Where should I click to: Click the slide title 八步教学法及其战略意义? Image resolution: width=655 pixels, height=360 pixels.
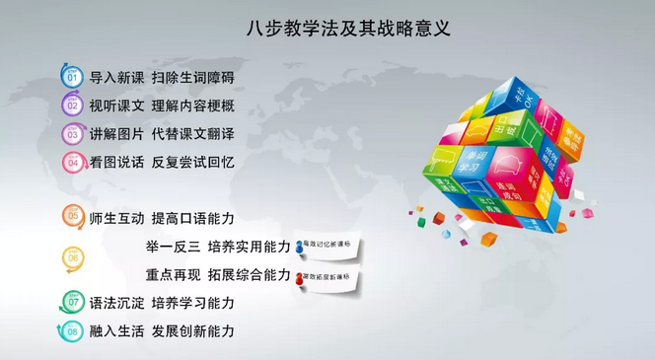[x=348, y=29]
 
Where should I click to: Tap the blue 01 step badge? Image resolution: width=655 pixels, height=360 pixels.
[x=72, y=77]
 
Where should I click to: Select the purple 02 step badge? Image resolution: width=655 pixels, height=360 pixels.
[x=72, y=105]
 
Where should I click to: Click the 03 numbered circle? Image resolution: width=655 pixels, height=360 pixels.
[x=72, y=133]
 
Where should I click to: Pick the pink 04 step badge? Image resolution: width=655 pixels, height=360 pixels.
[x=72, y=162]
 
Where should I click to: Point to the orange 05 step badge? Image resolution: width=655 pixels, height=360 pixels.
[x=72, y=215]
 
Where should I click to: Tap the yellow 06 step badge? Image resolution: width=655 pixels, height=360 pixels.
[x=72, y=257]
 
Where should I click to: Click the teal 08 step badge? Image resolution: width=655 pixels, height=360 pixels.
[x=72, y=331]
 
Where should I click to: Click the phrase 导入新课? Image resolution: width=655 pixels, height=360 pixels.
[x=116, y=77]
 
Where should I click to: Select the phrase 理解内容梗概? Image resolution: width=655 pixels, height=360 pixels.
[x=192, y=106]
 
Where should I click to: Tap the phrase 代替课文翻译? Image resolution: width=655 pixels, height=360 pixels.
[x=192, y=133]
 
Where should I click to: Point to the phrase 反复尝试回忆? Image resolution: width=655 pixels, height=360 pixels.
[x=192, y=162]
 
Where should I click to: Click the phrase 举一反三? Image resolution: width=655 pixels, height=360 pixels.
[x=173, y=246]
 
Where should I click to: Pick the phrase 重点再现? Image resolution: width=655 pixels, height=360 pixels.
[x=173, y=274]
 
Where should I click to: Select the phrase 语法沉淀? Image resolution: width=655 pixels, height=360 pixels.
[x=116, y=302]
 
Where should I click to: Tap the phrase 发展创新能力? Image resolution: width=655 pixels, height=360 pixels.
[x=192, y=331]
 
